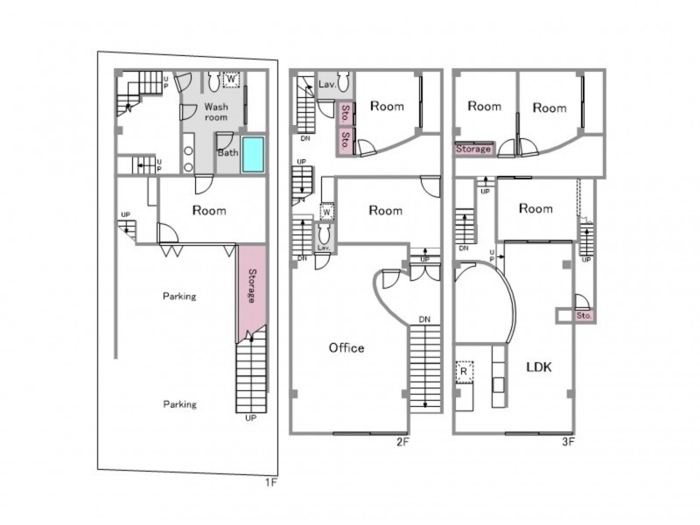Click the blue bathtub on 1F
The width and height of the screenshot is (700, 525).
[x=253, y=154]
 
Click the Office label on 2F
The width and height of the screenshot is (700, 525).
[x=346, y=347]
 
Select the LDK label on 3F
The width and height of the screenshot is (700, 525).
[x=539, y=367]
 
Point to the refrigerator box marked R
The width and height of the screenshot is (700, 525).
[x=464, y=371]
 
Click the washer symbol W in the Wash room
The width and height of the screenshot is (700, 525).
[x=231, y=79]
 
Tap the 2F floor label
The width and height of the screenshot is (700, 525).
[x=402, y=442]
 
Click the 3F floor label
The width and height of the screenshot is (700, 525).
[x=568, y=442]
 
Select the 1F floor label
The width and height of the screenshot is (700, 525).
[x=271, y=482]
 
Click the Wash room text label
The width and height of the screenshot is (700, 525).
[x=216, y=112]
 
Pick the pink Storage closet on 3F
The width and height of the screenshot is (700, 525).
[x=473, y=149]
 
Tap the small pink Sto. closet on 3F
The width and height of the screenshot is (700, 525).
[x=584, y=316]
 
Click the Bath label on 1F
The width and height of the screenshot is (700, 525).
[x=228, y=152]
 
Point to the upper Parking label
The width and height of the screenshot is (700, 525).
[x=179, y=296]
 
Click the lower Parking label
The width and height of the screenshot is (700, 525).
[x=179, y=404]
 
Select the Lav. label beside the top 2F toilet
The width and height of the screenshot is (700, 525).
[x=326, y=84]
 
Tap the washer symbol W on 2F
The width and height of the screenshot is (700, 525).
[x=326, y=212]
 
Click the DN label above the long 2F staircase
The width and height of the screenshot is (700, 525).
[x=424, y=319]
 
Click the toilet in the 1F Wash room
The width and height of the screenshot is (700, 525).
[x=213, y=80]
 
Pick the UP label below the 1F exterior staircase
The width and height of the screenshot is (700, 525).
[x=251, y=418]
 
